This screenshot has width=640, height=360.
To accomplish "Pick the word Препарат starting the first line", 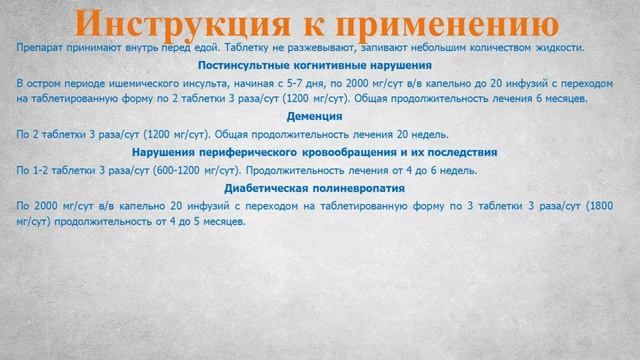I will (40, 48).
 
